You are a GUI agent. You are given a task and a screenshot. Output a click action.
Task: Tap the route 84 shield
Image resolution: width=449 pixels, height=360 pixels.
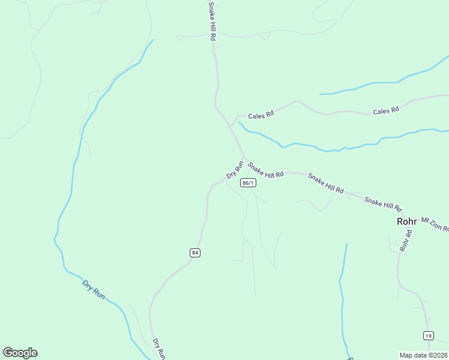pos(194,253)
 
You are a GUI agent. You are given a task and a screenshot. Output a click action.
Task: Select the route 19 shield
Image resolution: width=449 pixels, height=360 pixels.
pos(428,335)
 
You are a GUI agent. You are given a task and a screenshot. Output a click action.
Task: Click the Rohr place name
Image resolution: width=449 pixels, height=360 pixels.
pos(406,221)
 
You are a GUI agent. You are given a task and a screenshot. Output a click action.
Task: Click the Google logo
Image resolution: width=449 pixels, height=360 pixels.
pos(20,353)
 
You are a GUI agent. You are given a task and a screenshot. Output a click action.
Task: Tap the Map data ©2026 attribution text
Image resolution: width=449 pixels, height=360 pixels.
pos(424,355)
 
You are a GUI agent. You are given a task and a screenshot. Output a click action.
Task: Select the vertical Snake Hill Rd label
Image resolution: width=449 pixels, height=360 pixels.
pos(211,20)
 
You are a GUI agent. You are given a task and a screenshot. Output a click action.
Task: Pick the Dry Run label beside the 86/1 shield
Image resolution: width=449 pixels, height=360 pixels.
pos(235,169)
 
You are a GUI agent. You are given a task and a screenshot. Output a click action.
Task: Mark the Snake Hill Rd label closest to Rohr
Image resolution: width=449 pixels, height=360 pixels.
pos(383,204)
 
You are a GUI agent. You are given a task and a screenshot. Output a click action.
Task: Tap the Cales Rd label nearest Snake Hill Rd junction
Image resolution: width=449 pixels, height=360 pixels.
pos(261,113)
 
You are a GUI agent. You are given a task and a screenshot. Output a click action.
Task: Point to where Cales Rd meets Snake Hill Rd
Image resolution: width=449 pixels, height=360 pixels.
pos(229,125)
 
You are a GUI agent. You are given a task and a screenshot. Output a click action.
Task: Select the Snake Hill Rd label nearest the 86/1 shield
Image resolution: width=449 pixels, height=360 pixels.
pos(265,170)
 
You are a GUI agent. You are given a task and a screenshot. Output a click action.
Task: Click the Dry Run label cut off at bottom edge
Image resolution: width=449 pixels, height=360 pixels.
pos(158,349)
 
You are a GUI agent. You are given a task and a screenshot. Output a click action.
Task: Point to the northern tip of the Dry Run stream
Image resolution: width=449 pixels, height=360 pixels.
pos(152,40)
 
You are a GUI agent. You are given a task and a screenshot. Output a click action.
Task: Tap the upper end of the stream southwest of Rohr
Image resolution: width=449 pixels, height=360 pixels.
pos(346,244)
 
